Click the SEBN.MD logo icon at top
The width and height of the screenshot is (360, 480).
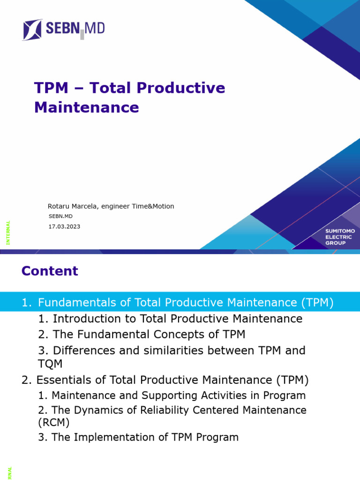click(x=32, y=30)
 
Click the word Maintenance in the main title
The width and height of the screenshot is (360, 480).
click(x=86, y=107)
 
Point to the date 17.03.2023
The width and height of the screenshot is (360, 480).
click(x=64, y=226)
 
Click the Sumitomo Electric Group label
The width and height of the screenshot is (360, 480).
click(x=340, y=237)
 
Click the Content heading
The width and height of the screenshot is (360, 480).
click(x=50, y=271)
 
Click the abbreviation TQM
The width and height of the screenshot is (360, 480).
click(x=50, y=364)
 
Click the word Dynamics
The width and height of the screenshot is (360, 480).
click(x=97, y=410)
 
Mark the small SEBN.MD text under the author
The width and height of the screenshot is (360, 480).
click(x=60, y=217)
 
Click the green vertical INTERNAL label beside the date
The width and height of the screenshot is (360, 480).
click(x=8, y=232)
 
